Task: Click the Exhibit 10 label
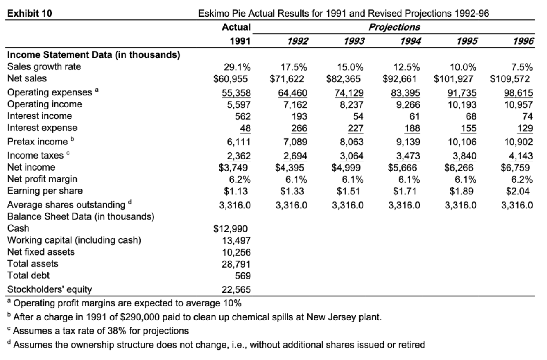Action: (x=30, y=13)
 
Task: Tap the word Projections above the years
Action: (x=394, y=27)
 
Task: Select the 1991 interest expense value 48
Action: (x=245, y=128)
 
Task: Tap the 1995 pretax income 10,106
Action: (x=462, y=142)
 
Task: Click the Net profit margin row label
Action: (x=42, y=179)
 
